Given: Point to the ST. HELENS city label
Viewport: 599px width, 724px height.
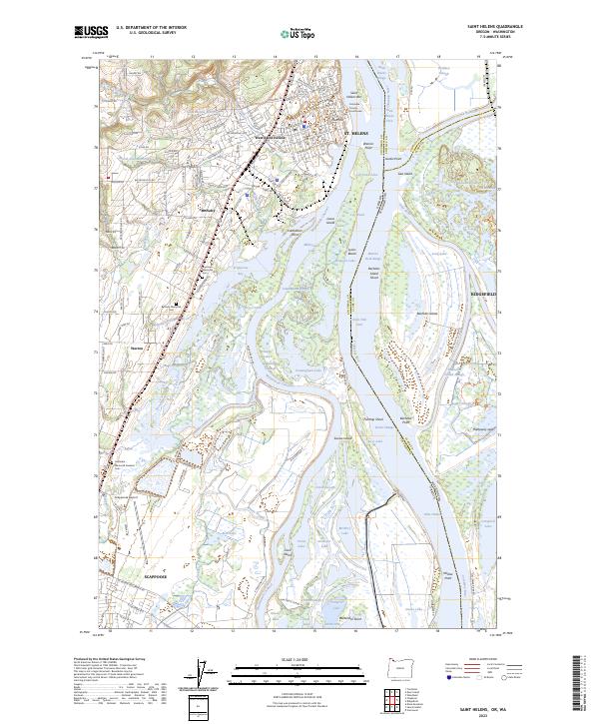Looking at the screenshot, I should pos(356,132).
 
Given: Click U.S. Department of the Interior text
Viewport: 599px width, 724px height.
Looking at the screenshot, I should pos(151,28).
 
